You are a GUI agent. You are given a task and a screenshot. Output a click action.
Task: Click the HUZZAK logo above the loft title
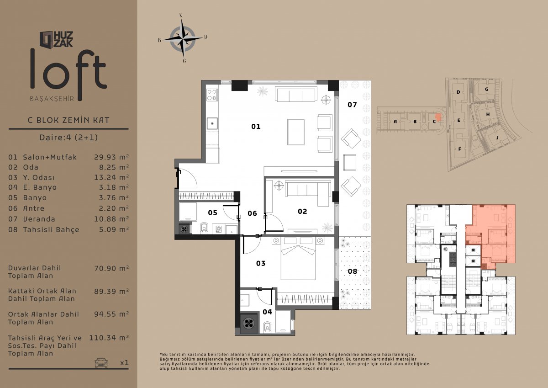tap(57, 39)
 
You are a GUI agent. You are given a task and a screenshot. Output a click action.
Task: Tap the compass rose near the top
tap(183, 38)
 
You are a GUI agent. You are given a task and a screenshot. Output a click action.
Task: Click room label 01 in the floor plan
tap(256, 126)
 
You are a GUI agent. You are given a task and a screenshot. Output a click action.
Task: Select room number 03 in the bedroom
tap(261, 263)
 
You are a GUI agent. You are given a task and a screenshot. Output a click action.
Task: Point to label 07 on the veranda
tap(352, 105)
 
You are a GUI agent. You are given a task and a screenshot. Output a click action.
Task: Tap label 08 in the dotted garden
tap(353, 271)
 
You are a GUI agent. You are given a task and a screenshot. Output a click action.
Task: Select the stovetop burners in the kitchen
tap(212, 95)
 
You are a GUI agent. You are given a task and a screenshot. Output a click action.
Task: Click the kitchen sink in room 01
tap(212, 123)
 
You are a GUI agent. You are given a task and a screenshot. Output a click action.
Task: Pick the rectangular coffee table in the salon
tap(296, 132)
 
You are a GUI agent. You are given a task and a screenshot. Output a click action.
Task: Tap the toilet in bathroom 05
tap(204, 228)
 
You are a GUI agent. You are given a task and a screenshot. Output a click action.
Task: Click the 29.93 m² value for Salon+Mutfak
tap(111, 157)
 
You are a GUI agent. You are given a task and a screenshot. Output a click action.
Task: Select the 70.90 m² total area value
tap(111, 268)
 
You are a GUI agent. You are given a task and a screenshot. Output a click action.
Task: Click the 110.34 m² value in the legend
tap(109, 338)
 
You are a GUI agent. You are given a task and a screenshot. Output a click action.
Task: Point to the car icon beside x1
tap(101, 363)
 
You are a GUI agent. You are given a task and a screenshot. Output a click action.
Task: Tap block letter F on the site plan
tap(459, 149)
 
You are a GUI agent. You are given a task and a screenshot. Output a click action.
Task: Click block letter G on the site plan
tap(487, 90)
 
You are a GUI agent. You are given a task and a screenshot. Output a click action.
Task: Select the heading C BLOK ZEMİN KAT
tap(68, 120)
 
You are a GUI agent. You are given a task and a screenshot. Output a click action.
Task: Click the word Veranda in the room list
tap(39, 219)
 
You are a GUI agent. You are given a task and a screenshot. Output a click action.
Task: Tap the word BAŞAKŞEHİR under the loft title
tap(52, 99)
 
